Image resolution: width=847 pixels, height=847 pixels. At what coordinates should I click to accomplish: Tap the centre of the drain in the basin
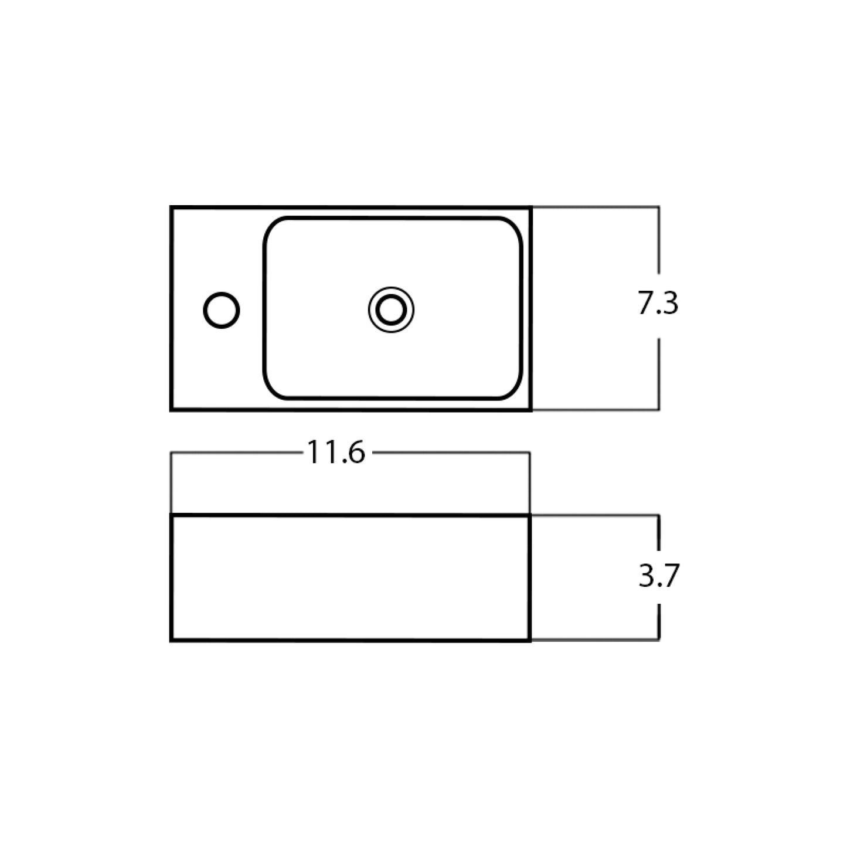pyautogui.click(x=391, y=310)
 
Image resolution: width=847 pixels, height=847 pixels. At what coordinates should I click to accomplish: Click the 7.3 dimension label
pyautogui.click(x=658, y=303)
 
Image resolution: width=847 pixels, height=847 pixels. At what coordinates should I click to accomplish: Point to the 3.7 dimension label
pyautogui.click(x=658, y=576)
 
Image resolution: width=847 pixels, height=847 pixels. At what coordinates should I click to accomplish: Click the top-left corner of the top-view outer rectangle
pyautogui.click(x=171, y=208)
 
